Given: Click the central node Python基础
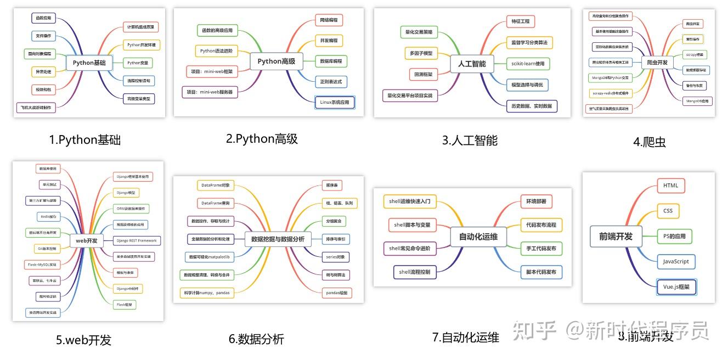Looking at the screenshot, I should [89, 63].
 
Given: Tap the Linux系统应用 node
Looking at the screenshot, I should [335, 102].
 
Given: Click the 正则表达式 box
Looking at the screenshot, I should [331, 82].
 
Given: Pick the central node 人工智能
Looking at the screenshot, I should [472, 64].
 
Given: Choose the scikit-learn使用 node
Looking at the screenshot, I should [527, 64].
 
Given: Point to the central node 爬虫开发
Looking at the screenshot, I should [657, 63].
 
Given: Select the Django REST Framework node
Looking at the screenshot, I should [136, 240].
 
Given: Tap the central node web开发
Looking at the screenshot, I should [87, 240].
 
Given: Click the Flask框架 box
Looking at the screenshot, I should [125, 304].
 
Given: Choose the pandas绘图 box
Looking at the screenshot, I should [336, 292].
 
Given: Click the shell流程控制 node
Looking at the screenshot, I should [415, 272].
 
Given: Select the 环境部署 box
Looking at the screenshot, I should [535, 201].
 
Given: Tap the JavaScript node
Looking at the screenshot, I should [676, 261].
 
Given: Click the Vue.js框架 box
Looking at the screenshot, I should [676, 287].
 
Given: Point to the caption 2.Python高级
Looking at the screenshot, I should [262, 139].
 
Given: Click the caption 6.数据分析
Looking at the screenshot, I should [256, 339].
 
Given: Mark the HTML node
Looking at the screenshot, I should [670, 185].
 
